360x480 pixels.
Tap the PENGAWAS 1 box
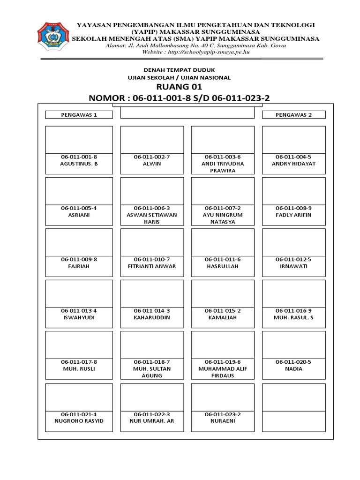coord(79,114)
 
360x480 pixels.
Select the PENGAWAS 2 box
coord(293,114)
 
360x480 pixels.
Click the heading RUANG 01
coord(180,87)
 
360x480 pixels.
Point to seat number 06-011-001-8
coord(79,157)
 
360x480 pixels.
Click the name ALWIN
coord(152,164)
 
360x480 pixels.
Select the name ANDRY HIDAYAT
coord(293,164)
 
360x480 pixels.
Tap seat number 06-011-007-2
coord(223,208)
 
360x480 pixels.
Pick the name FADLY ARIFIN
coord(293,215)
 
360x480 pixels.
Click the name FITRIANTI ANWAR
coord(152,266)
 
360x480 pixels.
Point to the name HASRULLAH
coord(223,266)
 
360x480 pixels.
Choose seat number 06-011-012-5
coord(293,259)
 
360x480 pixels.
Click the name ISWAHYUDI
coord(79,317)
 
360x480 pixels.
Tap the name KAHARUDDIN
coord(152,317)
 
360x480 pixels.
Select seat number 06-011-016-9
coord(293,310)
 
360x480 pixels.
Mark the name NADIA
coord(293,368)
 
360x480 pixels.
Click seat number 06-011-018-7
coord(152,362)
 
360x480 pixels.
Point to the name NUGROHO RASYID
coord(79,420)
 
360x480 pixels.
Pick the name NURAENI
coord(223,420)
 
